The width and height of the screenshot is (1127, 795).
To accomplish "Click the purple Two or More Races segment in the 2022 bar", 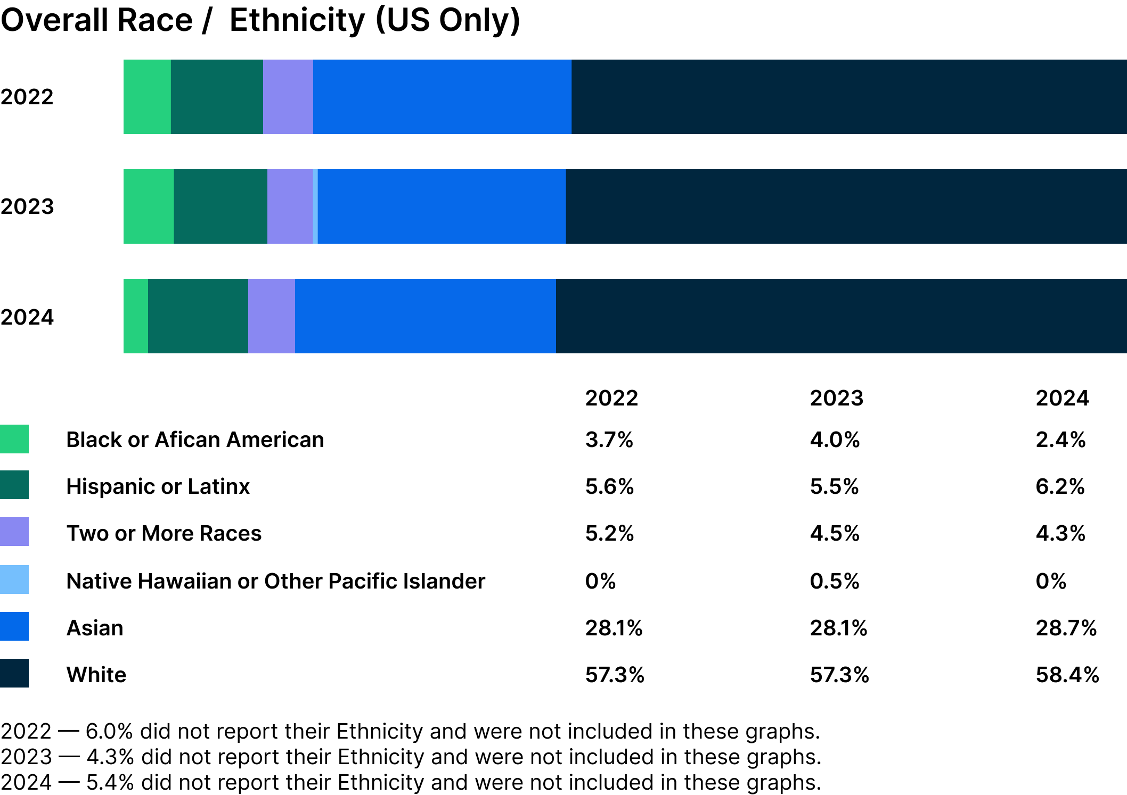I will pos(288,97).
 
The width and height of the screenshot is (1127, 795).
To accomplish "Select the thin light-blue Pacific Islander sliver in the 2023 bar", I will pos(315,206).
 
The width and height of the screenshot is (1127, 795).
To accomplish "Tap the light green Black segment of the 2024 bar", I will pos(136,316).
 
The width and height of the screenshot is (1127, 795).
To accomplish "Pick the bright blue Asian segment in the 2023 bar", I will pos(442,206).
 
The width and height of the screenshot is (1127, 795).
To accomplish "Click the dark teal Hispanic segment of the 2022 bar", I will pos(217,97).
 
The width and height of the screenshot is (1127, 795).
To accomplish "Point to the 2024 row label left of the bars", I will pos(27,317).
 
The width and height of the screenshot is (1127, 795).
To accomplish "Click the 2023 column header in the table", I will pos(836,398).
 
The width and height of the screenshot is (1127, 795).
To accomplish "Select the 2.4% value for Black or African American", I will pos(1060,440).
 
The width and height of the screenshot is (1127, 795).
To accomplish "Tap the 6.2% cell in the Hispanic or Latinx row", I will pos(1059,486).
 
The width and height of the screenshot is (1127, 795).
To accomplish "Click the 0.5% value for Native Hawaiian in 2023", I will pos(834,581).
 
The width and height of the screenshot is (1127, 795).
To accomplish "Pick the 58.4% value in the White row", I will pos(1067,675).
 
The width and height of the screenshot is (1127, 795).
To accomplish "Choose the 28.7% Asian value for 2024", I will pos(1066,628).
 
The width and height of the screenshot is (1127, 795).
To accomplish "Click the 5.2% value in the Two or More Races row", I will pos(609,533).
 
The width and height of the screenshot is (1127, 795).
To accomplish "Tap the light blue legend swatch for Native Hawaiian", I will pos(14,579).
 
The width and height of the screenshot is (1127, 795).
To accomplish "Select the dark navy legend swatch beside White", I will pos(14,673).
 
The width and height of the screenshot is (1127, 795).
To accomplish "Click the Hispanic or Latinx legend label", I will pos(158,486).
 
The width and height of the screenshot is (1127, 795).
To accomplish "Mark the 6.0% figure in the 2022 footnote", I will pos(109,731).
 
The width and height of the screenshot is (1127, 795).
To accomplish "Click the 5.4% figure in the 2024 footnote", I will pos(110,782).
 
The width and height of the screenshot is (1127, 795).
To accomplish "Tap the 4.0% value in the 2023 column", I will pos(835,440).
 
